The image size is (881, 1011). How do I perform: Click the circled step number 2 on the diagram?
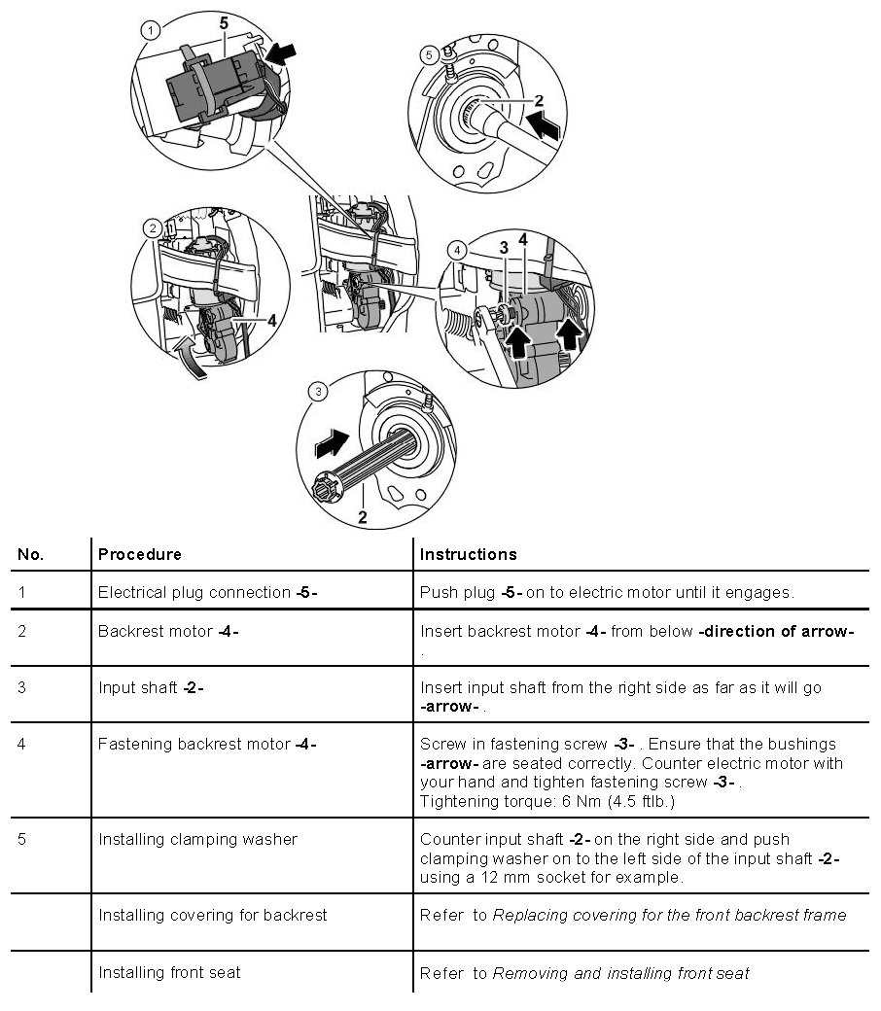(x=152, y=229)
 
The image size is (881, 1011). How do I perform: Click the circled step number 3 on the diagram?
(x=318, y=392)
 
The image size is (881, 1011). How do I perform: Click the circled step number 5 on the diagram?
(x=431, y=55)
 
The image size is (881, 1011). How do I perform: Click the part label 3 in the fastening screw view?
(x=504, y=248)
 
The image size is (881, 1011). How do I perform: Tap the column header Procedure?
(x=139, y=554)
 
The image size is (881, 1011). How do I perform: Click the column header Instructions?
(x=468, y=554)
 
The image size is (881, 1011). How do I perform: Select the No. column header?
(x=31, y=554)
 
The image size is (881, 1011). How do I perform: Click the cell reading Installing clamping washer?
(x=197, y=839)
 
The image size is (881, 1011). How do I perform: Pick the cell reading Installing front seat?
(x=169, y=971)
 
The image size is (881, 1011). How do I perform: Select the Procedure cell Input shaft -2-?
(x=151, y=687)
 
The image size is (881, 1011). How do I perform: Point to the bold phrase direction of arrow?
(x=776, y=631)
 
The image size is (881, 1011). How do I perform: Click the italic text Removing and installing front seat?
(x=621, y=972)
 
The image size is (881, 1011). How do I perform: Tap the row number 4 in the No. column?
(x=22, y=744)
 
